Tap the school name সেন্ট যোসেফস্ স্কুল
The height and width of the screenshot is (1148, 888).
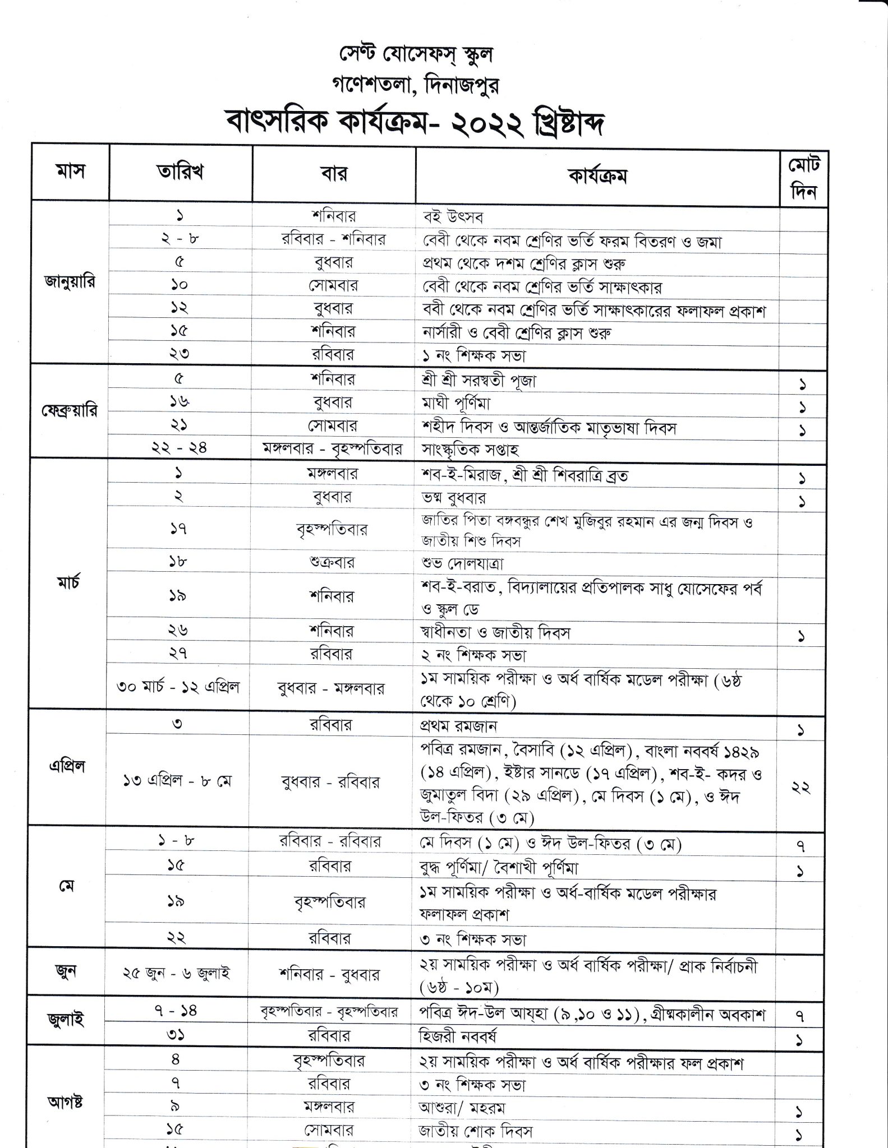pyautogui.click(x=416, y=54)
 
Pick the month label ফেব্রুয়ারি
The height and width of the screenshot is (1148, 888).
pyautogui.click(x=70, y=411)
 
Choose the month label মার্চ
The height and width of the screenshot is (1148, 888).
pyautogui.click(x=69, y=583)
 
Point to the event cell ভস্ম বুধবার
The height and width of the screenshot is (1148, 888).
pyautogui.click(x=453, y=497)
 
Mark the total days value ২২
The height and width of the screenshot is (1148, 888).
pyautogui.click(x=800, y=787)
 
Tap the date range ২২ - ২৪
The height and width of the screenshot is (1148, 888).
pyautogui.click(x=179, y=448)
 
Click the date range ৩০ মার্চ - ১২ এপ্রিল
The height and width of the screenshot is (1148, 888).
pyautogui.click(x=178, y=687)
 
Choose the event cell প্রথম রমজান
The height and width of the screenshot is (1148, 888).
pyautogui.click(x=458, y=726)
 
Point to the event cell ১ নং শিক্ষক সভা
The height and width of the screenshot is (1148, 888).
pyautogui.click(x=473, y=355)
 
